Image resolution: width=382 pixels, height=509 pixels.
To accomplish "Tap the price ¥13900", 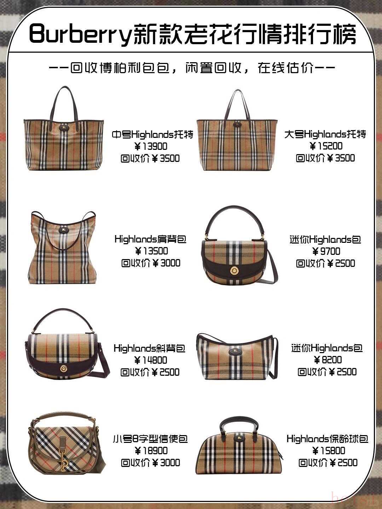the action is (x=151, y=147).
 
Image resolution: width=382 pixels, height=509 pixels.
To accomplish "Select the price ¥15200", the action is (x=326, y=146).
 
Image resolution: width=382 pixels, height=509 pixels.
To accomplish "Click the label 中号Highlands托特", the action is (x=152, y=135).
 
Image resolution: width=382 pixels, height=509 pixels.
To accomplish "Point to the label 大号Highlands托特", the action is (x=325, y=134).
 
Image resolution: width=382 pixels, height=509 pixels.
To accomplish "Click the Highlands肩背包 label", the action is (x=151, y=239).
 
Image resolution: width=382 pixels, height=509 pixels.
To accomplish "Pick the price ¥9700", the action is (x=326, y=251).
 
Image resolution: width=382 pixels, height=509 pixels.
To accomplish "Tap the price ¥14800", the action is (x=151, y=360).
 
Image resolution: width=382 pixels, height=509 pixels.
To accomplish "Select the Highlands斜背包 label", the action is (x=150, y=348).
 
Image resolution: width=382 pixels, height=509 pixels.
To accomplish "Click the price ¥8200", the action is (x=328, y=360).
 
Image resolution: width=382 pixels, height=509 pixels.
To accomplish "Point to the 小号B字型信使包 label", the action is (x=150, y=439).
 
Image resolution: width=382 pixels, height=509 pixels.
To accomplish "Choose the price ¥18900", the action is (x=151, y=451).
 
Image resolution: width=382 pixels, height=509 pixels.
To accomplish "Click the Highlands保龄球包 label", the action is (x=328, y=439).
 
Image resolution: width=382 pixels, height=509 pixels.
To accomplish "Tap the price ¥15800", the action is (x=329, y=451).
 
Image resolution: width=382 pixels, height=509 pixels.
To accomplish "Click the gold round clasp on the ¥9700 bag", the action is (x=233, y=270).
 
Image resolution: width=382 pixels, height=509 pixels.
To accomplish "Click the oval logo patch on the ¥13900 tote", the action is (x=63, y=127).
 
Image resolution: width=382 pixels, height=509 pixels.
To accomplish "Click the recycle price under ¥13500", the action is (x=151, y=263).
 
